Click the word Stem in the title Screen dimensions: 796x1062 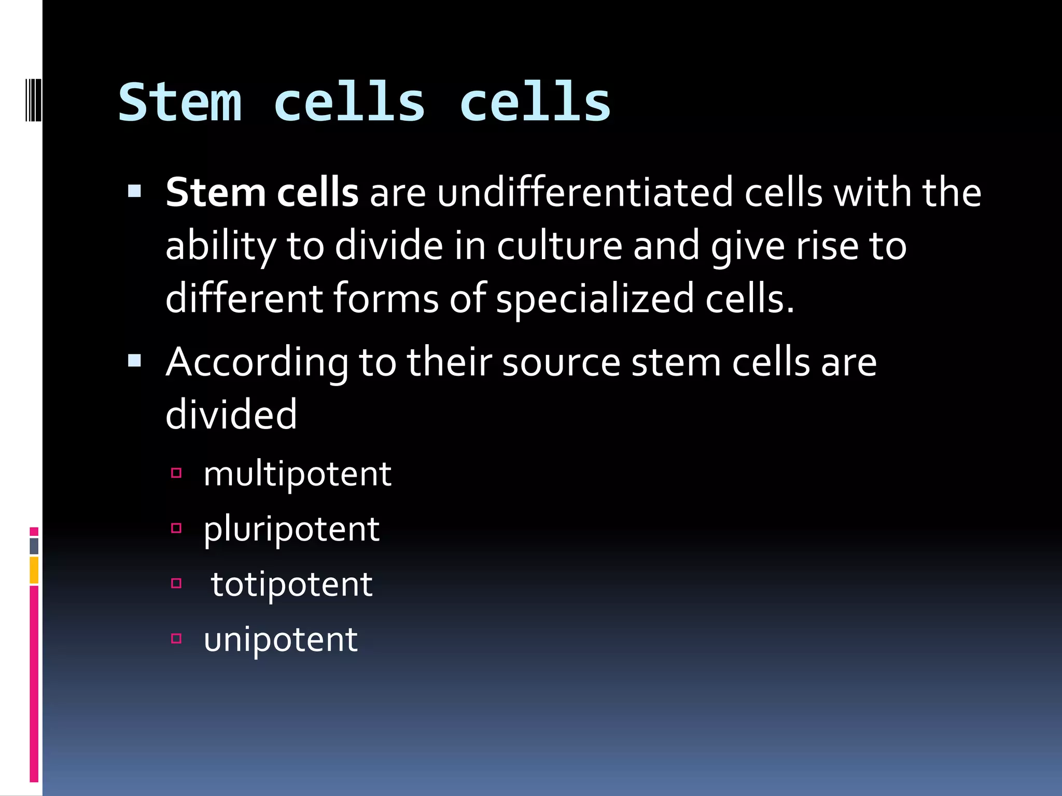(180, 103)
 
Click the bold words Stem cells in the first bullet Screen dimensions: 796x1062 (262, 193)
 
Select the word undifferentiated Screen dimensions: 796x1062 (585, 193)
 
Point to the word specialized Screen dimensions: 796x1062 (594, 300)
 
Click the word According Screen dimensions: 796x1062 (257, 362)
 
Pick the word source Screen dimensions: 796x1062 (561, 362)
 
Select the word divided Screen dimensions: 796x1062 (231, 415)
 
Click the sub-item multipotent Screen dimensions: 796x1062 (297, 474)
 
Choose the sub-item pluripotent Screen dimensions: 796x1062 (291, 530)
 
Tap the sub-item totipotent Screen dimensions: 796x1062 (291, 585)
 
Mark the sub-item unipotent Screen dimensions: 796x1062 (281, 639)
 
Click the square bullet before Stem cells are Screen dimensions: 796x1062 (134, 191)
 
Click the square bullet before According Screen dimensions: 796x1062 (134, 360)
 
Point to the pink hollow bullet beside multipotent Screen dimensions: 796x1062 (176, 473)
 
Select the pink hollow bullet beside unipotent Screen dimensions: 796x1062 (176, 638)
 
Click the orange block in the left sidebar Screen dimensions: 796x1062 (34, 570)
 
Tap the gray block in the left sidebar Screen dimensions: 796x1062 (34, 546)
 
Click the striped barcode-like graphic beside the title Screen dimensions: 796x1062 (33, 100)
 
